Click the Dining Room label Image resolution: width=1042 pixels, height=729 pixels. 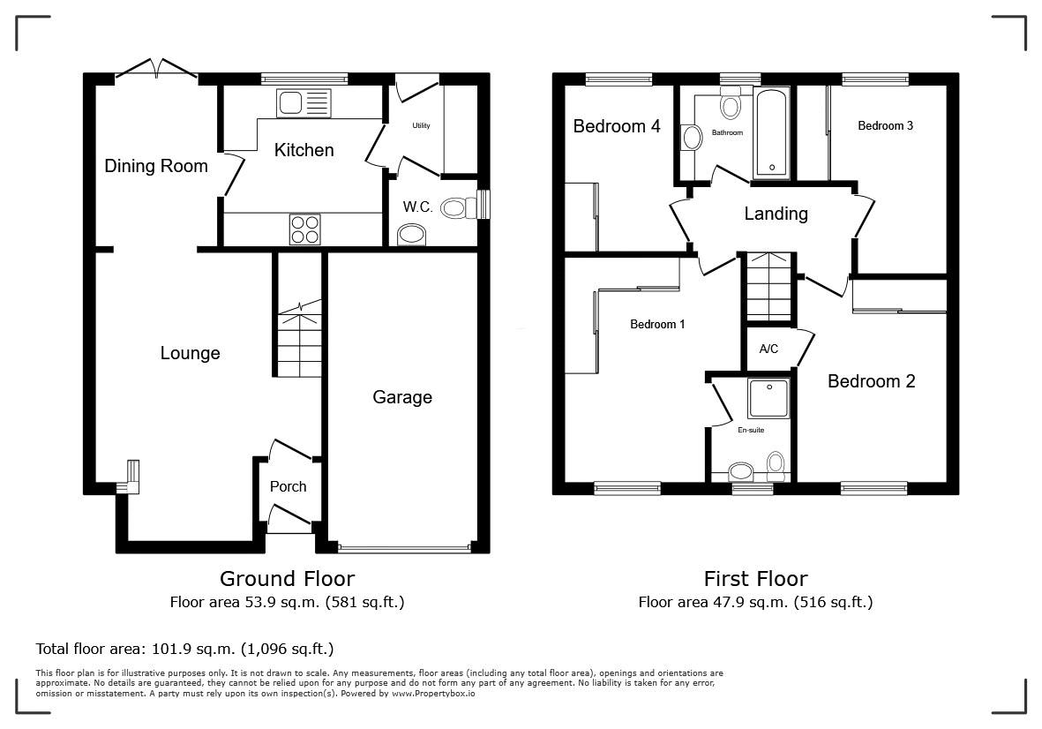pos(156,165)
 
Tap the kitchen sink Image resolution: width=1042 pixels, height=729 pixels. pos(304,103)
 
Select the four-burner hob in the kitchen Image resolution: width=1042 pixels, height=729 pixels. pos(304,229)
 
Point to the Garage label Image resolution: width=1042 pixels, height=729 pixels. pos(402,397)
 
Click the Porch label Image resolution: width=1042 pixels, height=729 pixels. pos(288,486)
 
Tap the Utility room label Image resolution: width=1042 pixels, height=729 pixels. pos(421,125)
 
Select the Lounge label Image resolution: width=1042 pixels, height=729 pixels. pos(190,353)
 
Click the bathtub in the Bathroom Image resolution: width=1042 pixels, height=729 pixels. pos(771,133)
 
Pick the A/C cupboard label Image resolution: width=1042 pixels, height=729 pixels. pos(768,349)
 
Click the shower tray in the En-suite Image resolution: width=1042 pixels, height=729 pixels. pos(768,398)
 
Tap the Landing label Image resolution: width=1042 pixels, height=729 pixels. pos(776,214)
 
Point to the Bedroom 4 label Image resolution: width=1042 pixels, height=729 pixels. pos(617,125)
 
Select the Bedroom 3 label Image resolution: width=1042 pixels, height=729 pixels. pos(885,125)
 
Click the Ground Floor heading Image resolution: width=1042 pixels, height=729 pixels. pos(287,578)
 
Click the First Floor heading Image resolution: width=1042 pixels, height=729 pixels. pos(755,578)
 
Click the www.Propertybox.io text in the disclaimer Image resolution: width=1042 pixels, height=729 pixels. pos(433,693)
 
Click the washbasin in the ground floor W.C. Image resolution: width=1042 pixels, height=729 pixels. pos(411,235)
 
